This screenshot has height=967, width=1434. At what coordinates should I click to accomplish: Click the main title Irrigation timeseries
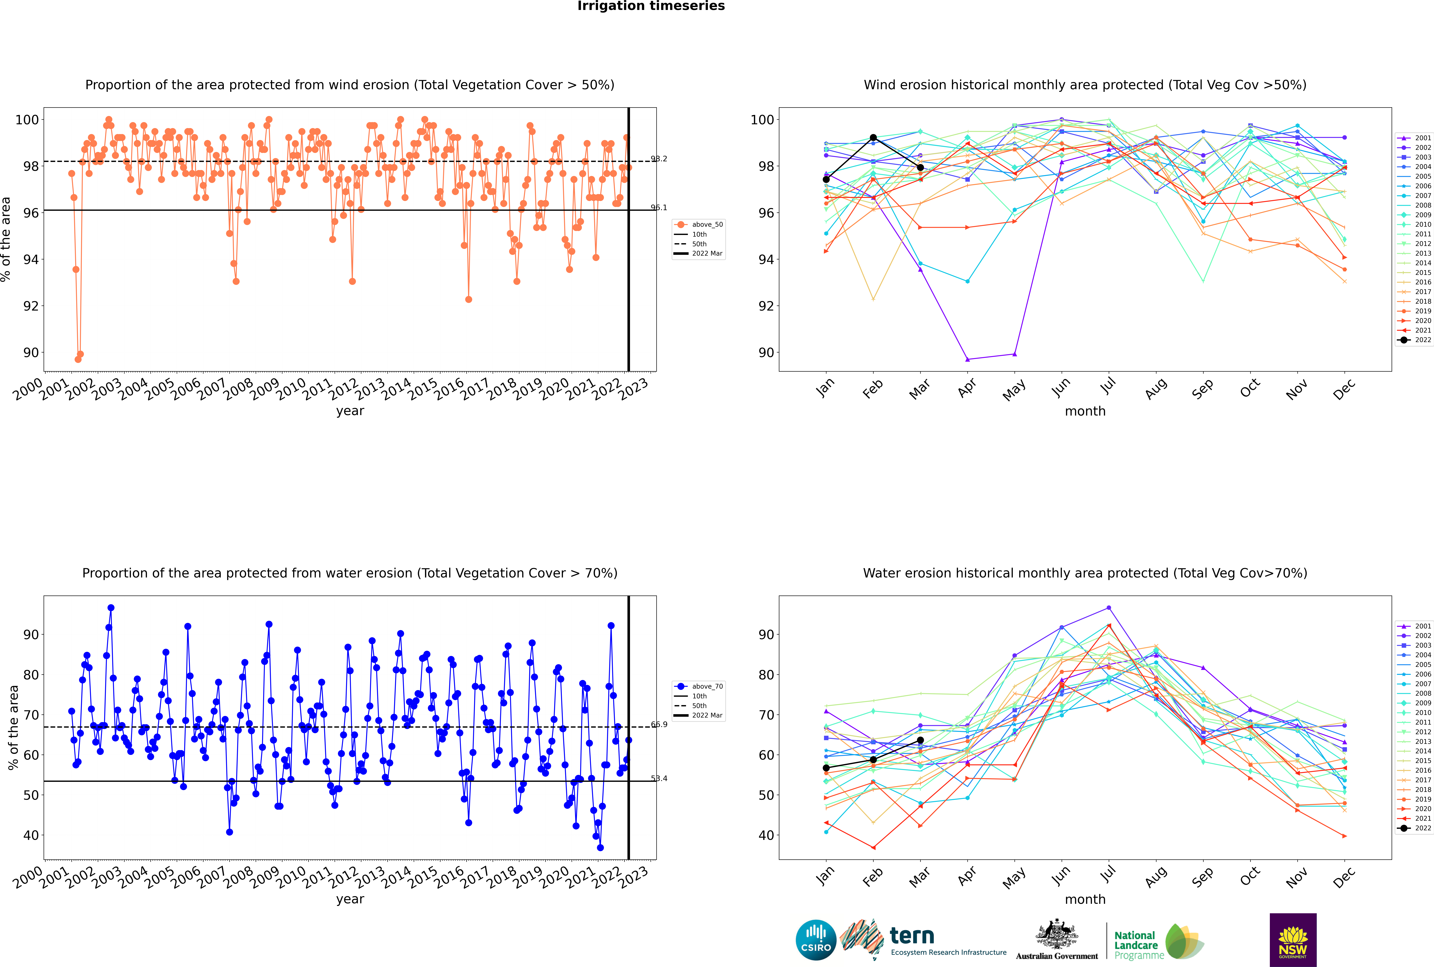[651, 6]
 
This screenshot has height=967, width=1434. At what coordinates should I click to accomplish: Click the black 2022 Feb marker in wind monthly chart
[873, 138]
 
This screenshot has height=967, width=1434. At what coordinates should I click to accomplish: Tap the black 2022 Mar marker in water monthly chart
[920, 740]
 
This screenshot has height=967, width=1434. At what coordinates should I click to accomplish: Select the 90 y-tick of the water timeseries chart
[31, 635]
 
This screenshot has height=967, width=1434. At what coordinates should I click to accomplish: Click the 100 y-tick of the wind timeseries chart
[27, 120]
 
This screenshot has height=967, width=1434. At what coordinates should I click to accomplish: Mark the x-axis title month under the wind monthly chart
[1085, 411]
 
